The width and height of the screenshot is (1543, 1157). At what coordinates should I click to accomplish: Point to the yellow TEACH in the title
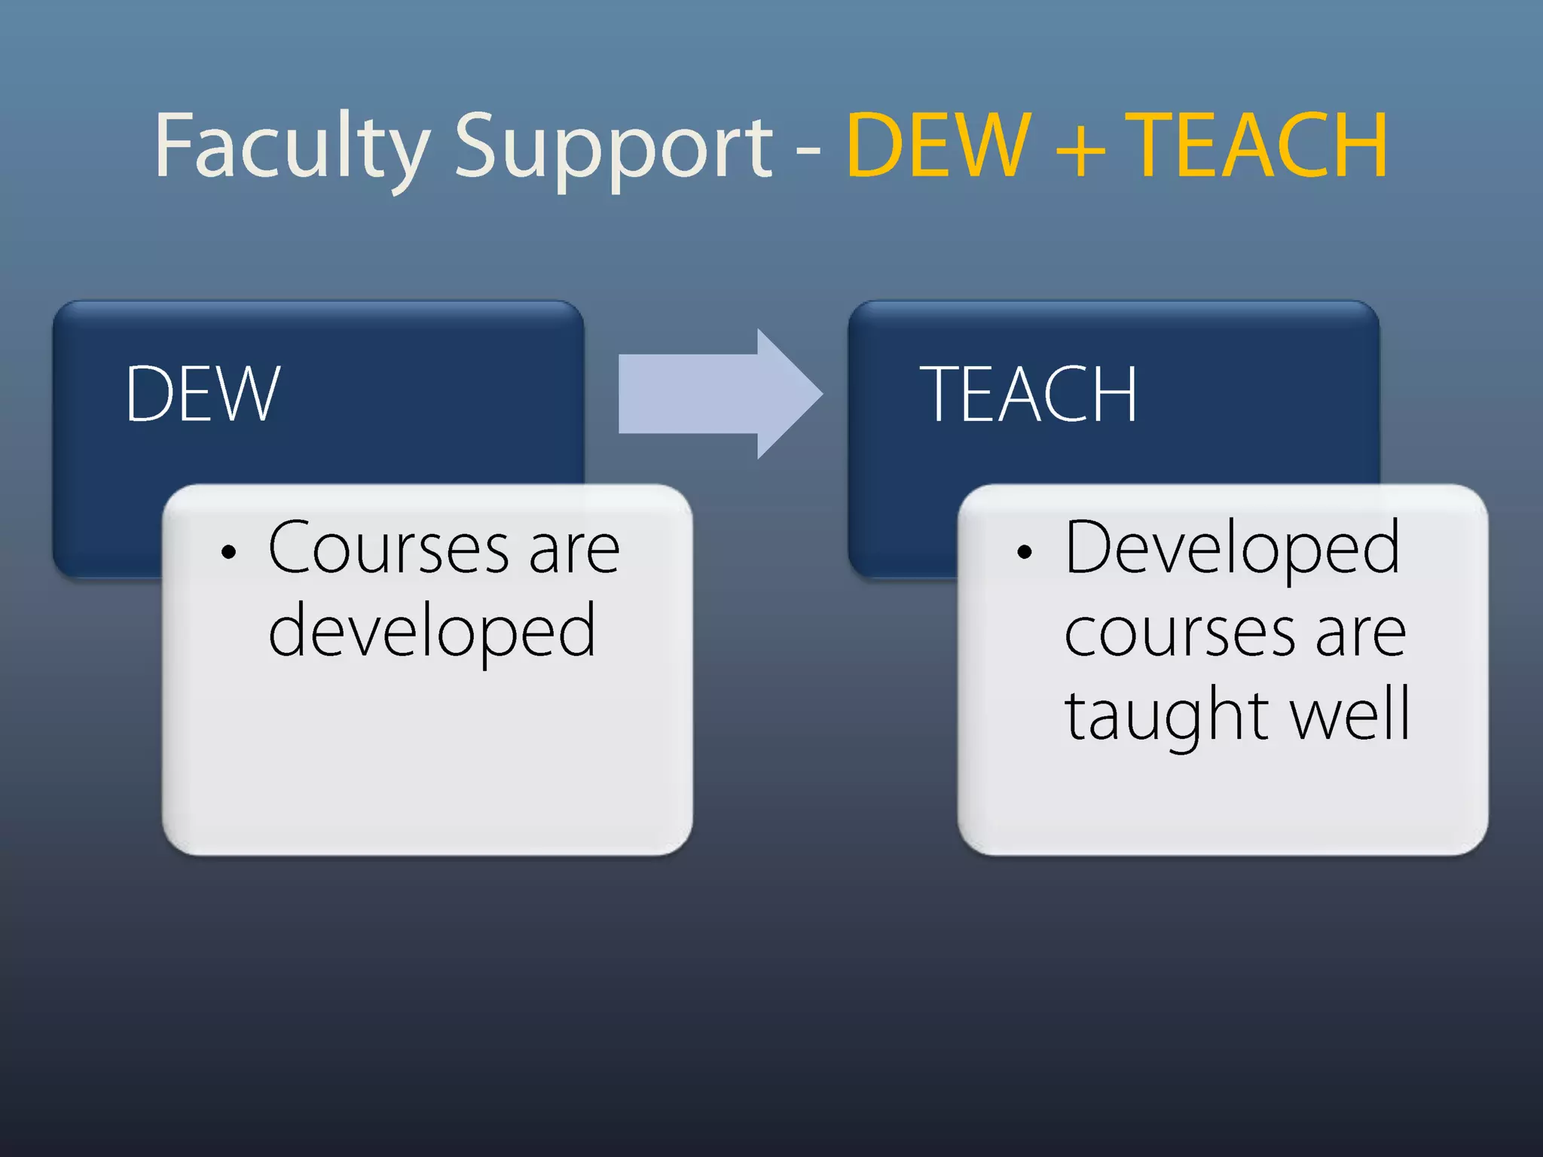pyautogui.click(x=1260, y=145)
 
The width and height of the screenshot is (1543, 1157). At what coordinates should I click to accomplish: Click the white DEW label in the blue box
pyautogui.click(x=203, y=394)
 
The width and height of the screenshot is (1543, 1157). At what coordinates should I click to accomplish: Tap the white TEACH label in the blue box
pyautogui.click(x=1028, y=394)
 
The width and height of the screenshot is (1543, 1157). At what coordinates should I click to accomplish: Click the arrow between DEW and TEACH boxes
pyautogui.click(x=720, y=394)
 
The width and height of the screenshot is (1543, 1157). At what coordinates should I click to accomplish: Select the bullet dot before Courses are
pyautogui.click(x=229, y=552)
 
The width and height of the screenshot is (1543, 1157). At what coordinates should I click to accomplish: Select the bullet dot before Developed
pyautogui.click(x=1024, y=552)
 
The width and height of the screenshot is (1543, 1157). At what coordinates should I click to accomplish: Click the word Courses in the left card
pyautogui.click(x=389, y=549)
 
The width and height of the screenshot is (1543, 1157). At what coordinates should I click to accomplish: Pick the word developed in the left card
pyautogui.click(x=432, y=631)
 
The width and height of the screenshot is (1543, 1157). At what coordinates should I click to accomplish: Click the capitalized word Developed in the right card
pyautogui.click(x=1233, y=549)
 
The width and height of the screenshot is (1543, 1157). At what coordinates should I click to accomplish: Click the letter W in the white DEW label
pyautogui.click(x=246, y=394)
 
